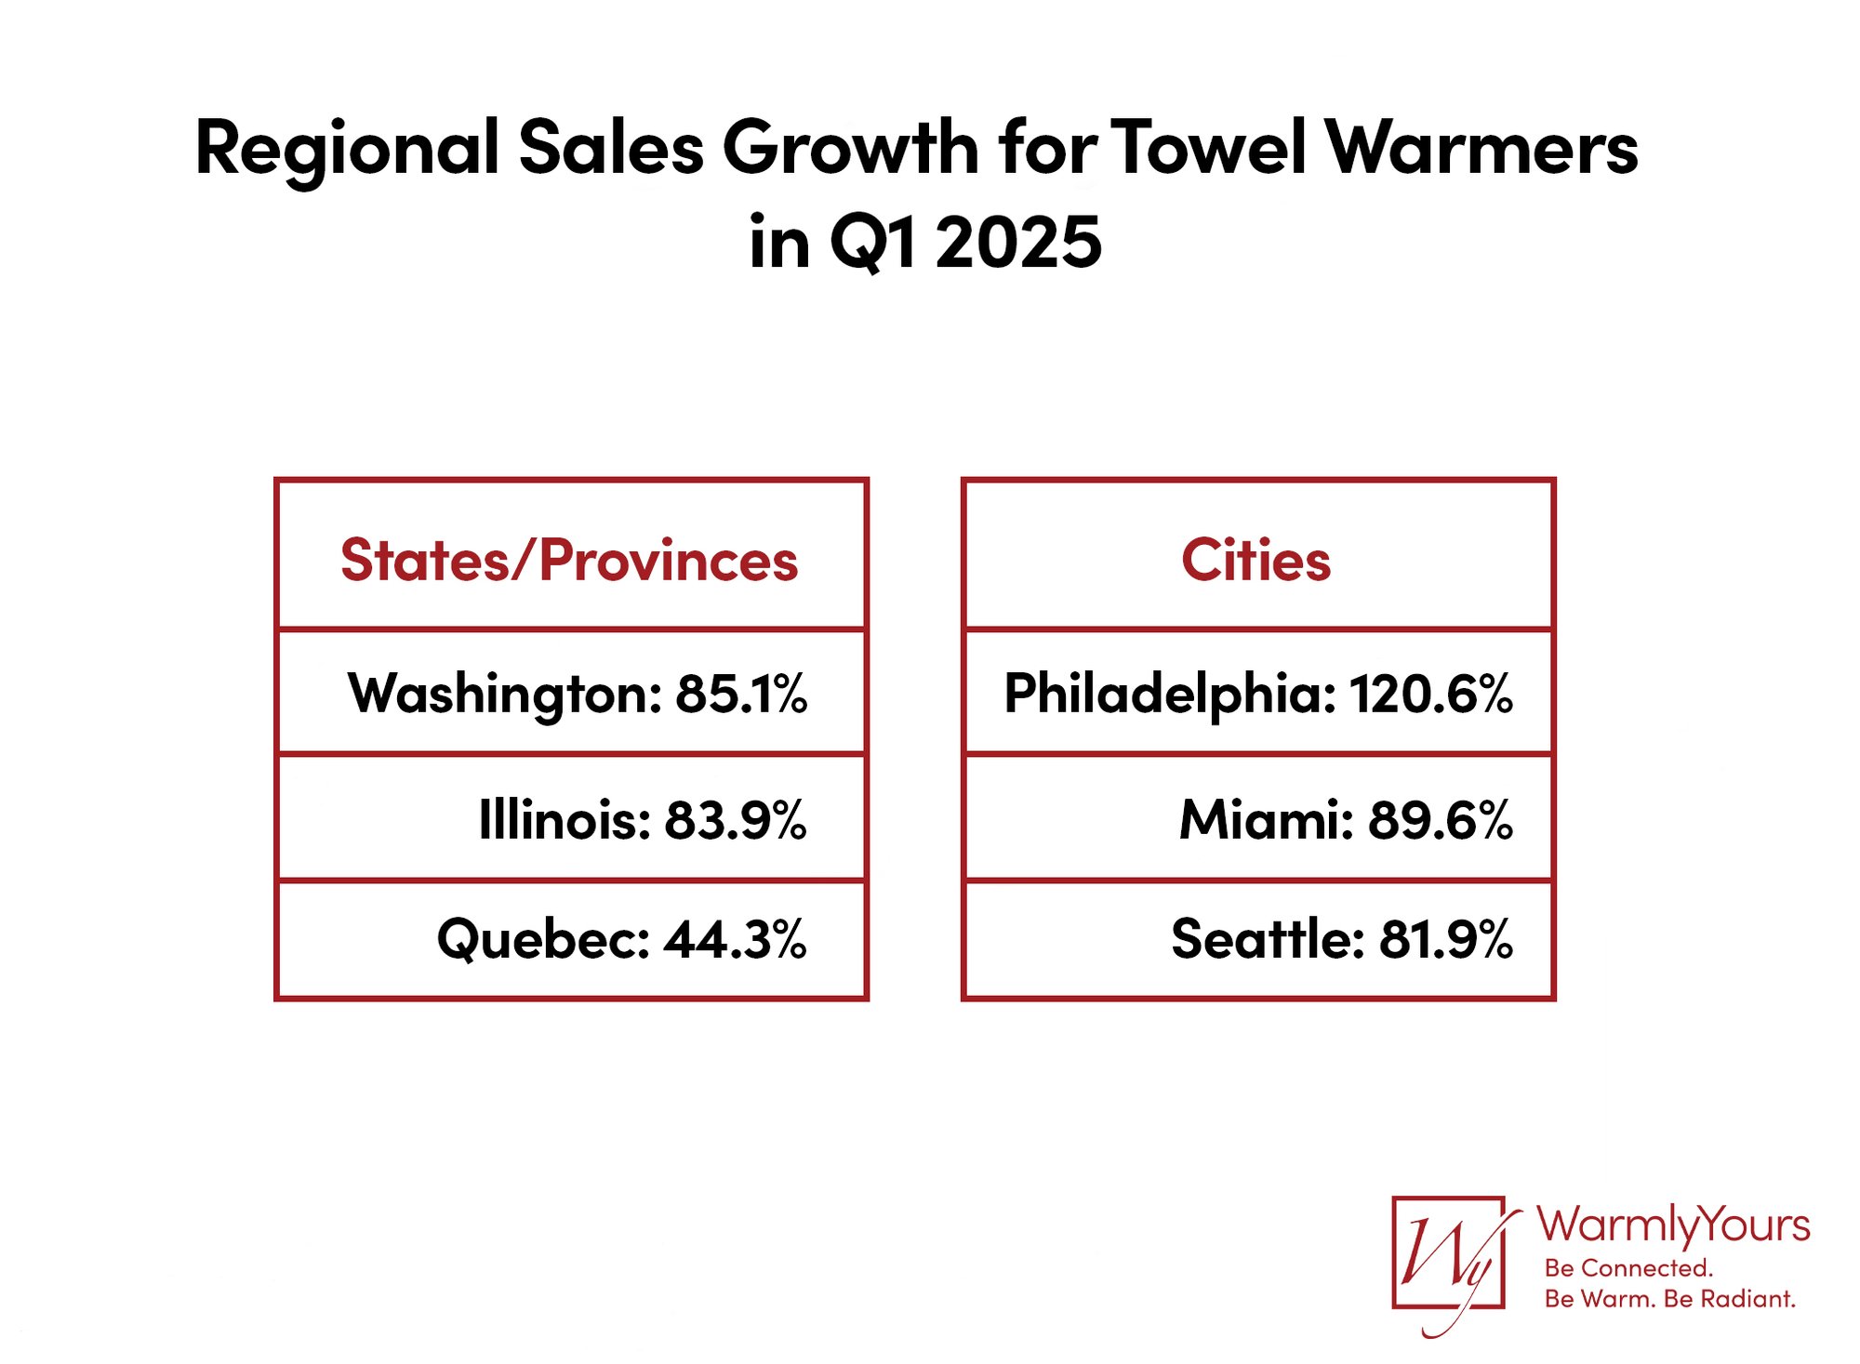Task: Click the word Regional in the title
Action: [347, 149]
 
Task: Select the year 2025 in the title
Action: [1018, 243]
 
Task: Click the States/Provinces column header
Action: [569, 561]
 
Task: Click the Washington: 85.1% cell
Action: [577, 694]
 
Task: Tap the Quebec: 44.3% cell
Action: [621, 939]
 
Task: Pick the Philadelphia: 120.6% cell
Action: [1257, 694]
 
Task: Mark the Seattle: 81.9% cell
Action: [1341, 939]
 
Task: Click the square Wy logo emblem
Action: [1448, 1253]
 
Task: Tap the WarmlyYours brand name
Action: [1672, 1225]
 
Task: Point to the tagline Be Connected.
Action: [1627, 1268]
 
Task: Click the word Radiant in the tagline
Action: [1747, 1299]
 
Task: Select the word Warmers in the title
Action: [1481, 149]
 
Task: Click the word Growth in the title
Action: [851, 149]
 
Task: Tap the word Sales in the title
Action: [611, 149]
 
